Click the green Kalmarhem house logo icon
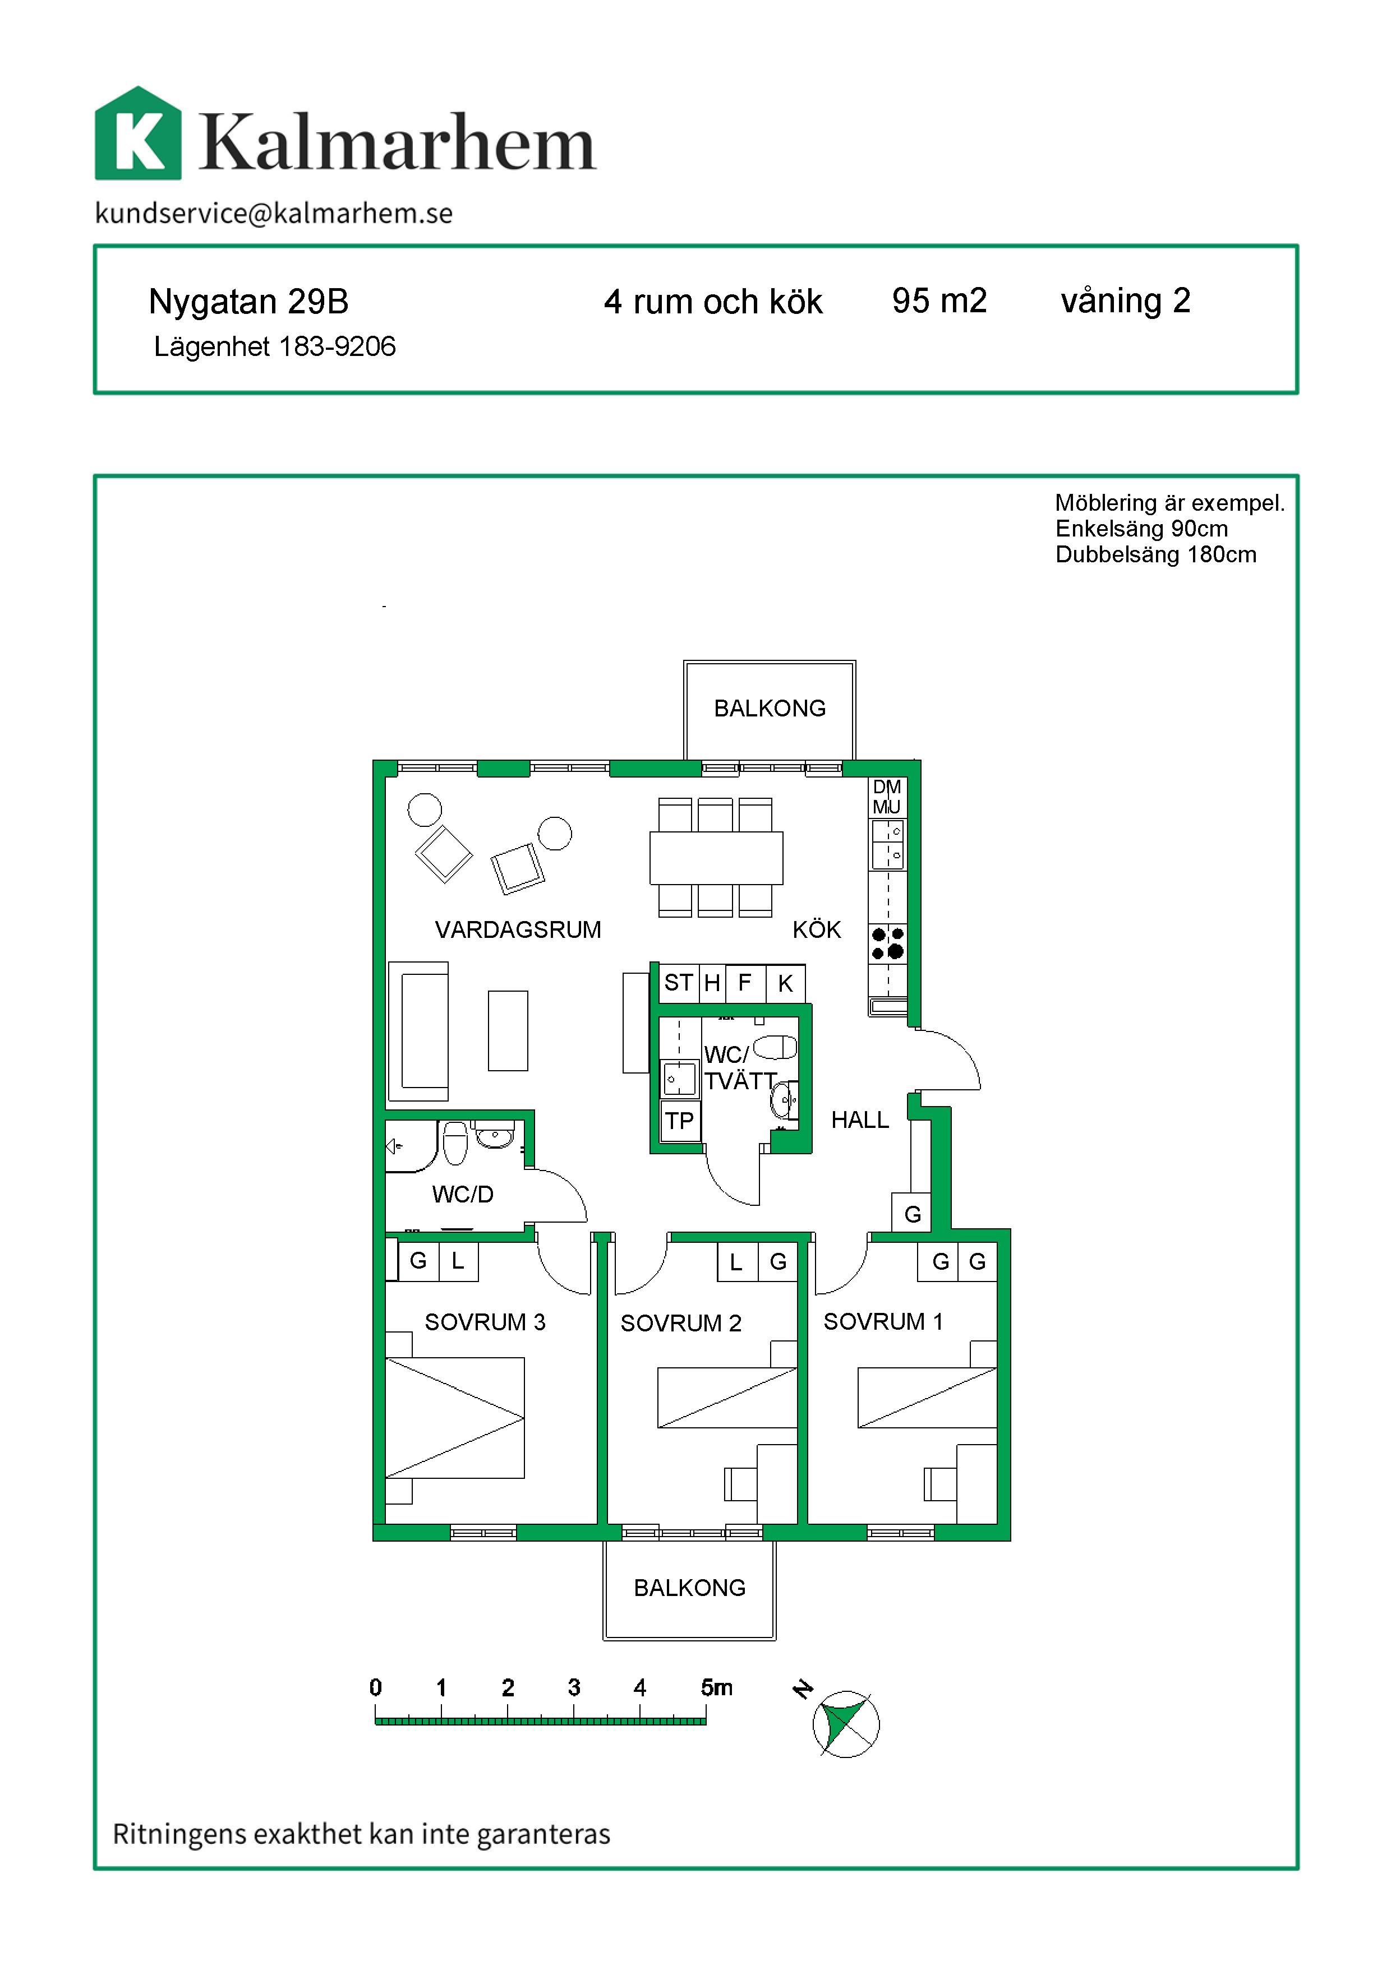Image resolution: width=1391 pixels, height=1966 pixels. pyautogui.click(x=138, y=133)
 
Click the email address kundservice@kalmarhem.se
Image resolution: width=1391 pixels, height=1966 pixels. pyautogui.click(x=274, y=212)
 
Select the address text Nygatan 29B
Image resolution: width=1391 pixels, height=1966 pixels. pyautogui.click(x=248, y=302)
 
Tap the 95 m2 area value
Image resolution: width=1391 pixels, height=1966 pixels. pyautogui.click(x=939, y=300)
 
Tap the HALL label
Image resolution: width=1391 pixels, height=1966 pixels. pyautogui.click(x=860, y=1120)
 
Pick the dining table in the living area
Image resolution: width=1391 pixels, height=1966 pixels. pyautogui.click(x=716, y=857)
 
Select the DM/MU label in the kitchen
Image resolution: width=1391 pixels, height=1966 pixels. pyautogui.click(x=887, y=797)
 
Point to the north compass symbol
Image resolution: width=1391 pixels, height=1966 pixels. pyautogui.click(x=845, y=1724)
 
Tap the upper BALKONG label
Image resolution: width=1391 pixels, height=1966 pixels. pyautogui.click(x=770, y=708)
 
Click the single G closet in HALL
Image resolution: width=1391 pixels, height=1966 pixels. pyautogui.click(x=912, y=1213)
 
